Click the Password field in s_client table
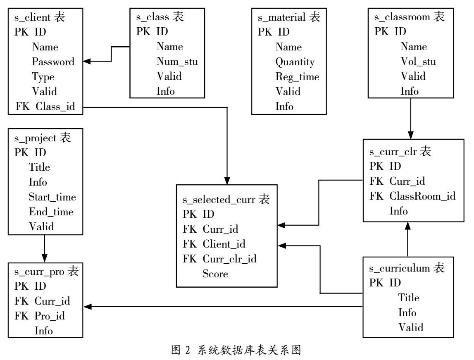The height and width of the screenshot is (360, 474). [53, 62]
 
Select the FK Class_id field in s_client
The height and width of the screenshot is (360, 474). [45, 107]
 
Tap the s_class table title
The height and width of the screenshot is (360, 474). [160, 17]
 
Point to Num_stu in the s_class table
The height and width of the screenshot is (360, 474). [177, 62]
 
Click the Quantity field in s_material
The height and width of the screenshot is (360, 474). [295, 62]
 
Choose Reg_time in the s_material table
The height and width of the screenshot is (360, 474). [298, 77]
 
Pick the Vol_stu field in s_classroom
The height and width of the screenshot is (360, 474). [418, 62]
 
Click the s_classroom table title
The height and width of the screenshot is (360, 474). [409, 17]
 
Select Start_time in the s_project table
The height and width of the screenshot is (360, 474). [52, 197]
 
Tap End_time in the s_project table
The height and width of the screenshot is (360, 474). [51, 212]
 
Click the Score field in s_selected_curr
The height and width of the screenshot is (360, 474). [215, 274]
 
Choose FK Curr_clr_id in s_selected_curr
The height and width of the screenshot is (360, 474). [219, 259]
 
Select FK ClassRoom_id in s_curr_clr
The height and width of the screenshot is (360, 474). [412, 196]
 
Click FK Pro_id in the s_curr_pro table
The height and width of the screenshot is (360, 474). [40, 316]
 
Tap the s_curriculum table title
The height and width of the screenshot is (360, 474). [407, 268]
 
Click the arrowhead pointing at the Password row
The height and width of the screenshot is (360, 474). [87, 62]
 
